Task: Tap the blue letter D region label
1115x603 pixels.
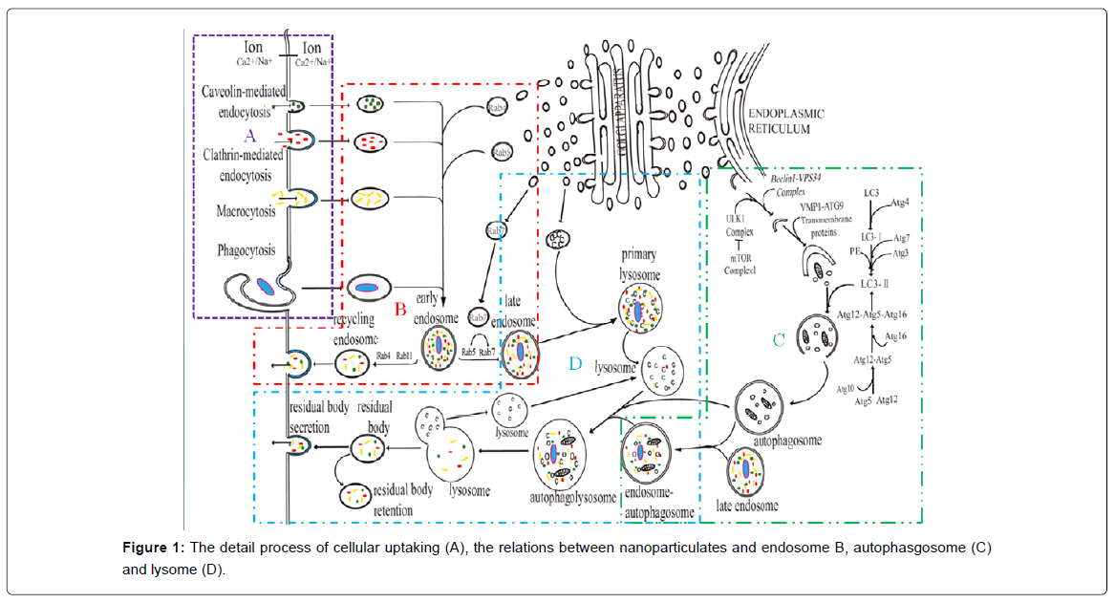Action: coord(574,363)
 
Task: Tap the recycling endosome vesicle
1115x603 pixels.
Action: coord(353,360)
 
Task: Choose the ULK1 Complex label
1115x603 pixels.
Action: coord(740,225)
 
